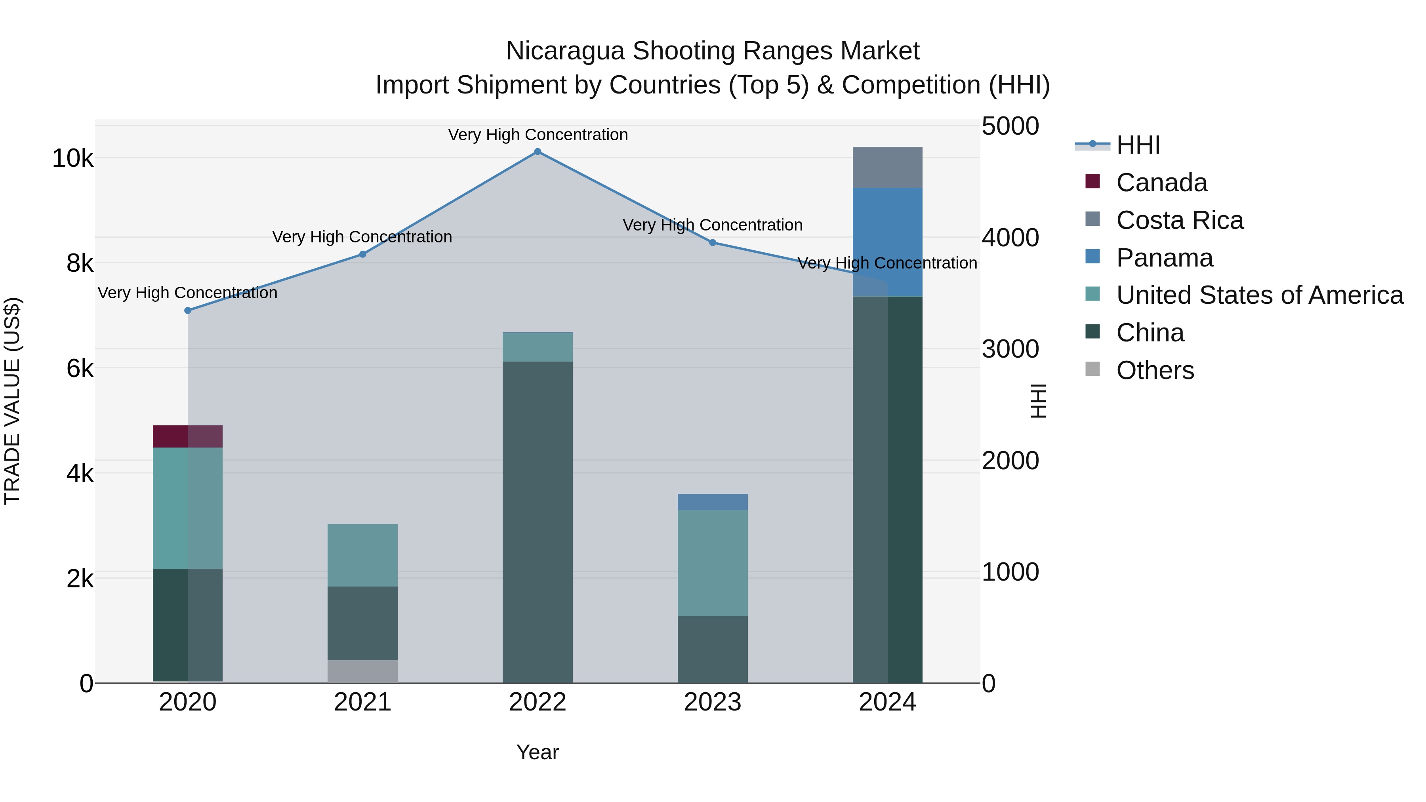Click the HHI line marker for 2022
tap(538, 152)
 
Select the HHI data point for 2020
tap(188, 311)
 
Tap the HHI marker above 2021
tap(362, 254)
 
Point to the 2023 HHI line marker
tap(713, 242)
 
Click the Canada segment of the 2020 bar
tap(188, 436)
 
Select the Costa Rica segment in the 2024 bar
tap(887, 167)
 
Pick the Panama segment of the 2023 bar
tap(713, 502)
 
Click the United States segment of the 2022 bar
tap(538, 347)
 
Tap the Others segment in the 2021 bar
tap(362, 671)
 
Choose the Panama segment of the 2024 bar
tap(887, 242)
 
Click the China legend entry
tap(1150, 333)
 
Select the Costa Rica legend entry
tap(1180, 220)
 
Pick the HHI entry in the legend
tap(1138, 145)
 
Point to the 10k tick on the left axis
tap(72, 159)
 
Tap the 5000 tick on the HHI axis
tap(1010, 126)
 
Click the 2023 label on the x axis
tap(713, 702)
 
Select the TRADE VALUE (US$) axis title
tap(12, 401)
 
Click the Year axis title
tap(538, 752)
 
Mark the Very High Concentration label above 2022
tap(538, 135)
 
